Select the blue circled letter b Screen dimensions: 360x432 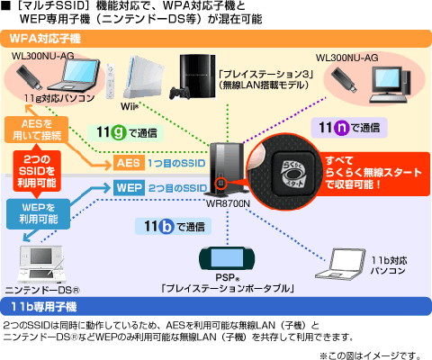[x=166, y=226]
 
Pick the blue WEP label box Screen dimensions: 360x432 [x=129, y=187]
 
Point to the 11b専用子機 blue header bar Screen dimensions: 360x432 [x=216, y=306]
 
